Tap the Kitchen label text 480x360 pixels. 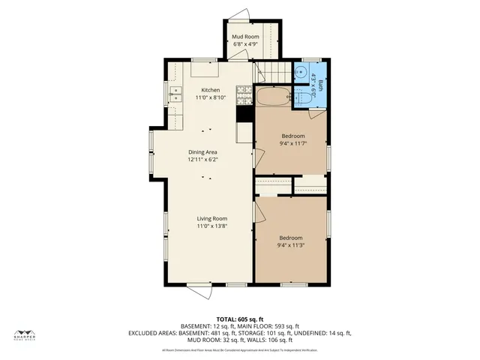210,90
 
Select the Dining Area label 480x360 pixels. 202,152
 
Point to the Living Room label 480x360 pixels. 212,218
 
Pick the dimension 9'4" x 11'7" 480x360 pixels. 292,143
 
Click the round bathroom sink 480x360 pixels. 301,73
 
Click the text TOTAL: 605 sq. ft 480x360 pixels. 240,319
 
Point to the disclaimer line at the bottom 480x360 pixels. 240,350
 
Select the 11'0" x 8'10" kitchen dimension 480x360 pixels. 210,97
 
